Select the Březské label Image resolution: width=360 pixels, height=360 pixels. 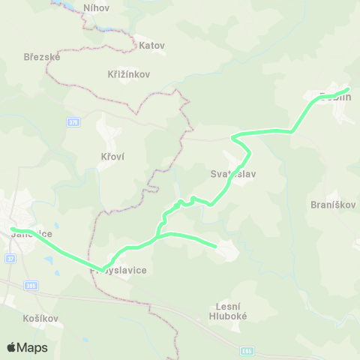(42, 56)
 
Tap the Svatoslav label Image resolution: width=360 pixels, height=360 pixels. (233, 173)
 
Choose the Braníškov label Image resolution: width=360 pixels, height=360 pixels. (331, 204)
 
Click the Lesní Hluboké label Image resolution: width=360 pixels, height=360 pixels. (233, 311)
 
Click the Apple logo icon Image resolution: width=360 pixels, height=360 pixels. (12, 347)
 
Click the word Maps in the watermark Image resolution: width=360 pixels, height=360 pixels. (34, 347)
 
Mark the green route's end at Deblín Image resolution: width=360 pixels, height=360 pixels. (348, 91)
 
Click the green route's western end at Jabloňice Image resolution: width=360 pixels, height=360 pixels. (12, 229)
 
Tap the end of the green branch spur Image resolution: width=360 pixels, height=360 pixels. (215, 245)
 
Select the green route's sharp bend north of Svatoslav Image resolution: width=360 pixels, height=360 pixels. (233, 136)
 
